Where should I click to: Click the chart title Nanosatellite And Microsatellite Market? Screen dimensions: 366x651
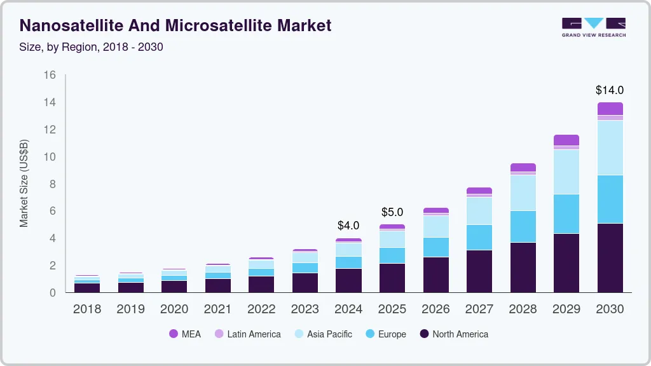[175, 25]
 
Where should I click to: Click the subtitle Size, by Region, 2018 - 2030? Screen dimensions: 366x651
[92, 46]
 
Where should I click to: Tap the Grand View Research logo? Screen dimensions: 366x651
[593, 27]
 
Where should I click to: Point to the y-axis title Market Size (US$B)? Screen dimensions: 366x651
[24, 183]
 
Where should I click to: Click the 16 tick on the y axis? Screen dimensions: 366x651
[50, 75]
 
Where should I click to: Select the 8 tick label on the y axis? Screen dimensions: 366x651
[53, 184]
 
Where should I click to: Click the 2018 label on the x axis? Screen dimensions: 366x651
[86, 309]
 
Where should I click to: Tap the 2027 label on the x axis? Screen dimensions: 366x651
[479, 309]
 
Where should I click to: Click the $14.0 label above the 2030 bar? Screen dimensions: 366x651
[610, 90]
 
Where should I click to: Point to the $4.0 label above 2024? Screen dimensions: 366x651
[348, 226]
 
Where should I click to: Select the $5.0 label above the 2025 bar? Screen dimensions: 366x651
[392, 212]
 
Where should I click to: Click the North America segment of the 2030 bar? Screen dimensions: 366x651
[610, 257]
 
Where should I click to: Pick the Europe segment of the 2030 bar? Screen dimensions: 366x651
[610, 199]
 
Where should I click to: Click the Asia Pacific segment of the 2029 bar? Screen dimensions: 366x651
[566, 172]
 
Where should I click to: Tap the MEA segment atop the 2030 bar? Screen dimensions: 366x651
[610, 109]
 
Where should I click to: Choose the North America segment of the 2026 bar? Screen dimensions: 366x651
[435, 274]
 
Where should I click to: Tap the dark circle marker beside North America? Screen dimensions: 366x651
[424, 334]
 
